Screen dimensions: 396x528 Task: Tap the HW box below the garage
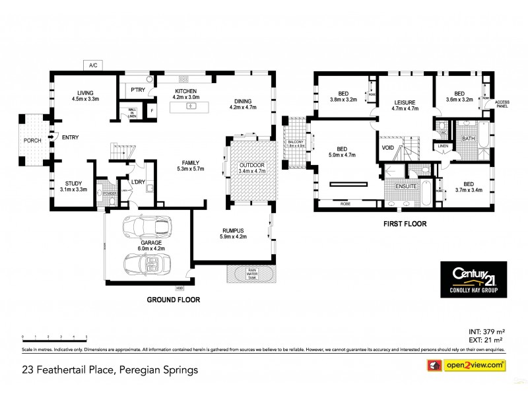click(180, 288)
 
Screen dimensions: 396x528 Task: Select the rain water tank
click(251, 274)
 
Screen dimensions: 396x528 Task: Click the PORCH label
click(32, 140)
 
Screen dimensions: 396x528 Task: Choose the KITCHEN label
click(185, 91)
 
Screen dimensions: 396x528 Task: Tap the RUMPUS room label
click(233, 230)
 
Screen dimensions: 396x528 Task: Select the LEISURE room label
click(405, 102)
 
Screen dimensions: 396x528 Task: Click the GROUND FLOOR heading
click(174, 299)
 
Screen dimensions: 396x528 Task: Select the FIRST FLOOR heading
click(405, 224)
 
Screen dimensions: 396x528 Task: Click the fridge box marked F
click(152, 111)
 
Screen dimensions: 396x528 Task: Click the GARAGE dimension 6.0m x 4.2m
click(150, 248)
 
